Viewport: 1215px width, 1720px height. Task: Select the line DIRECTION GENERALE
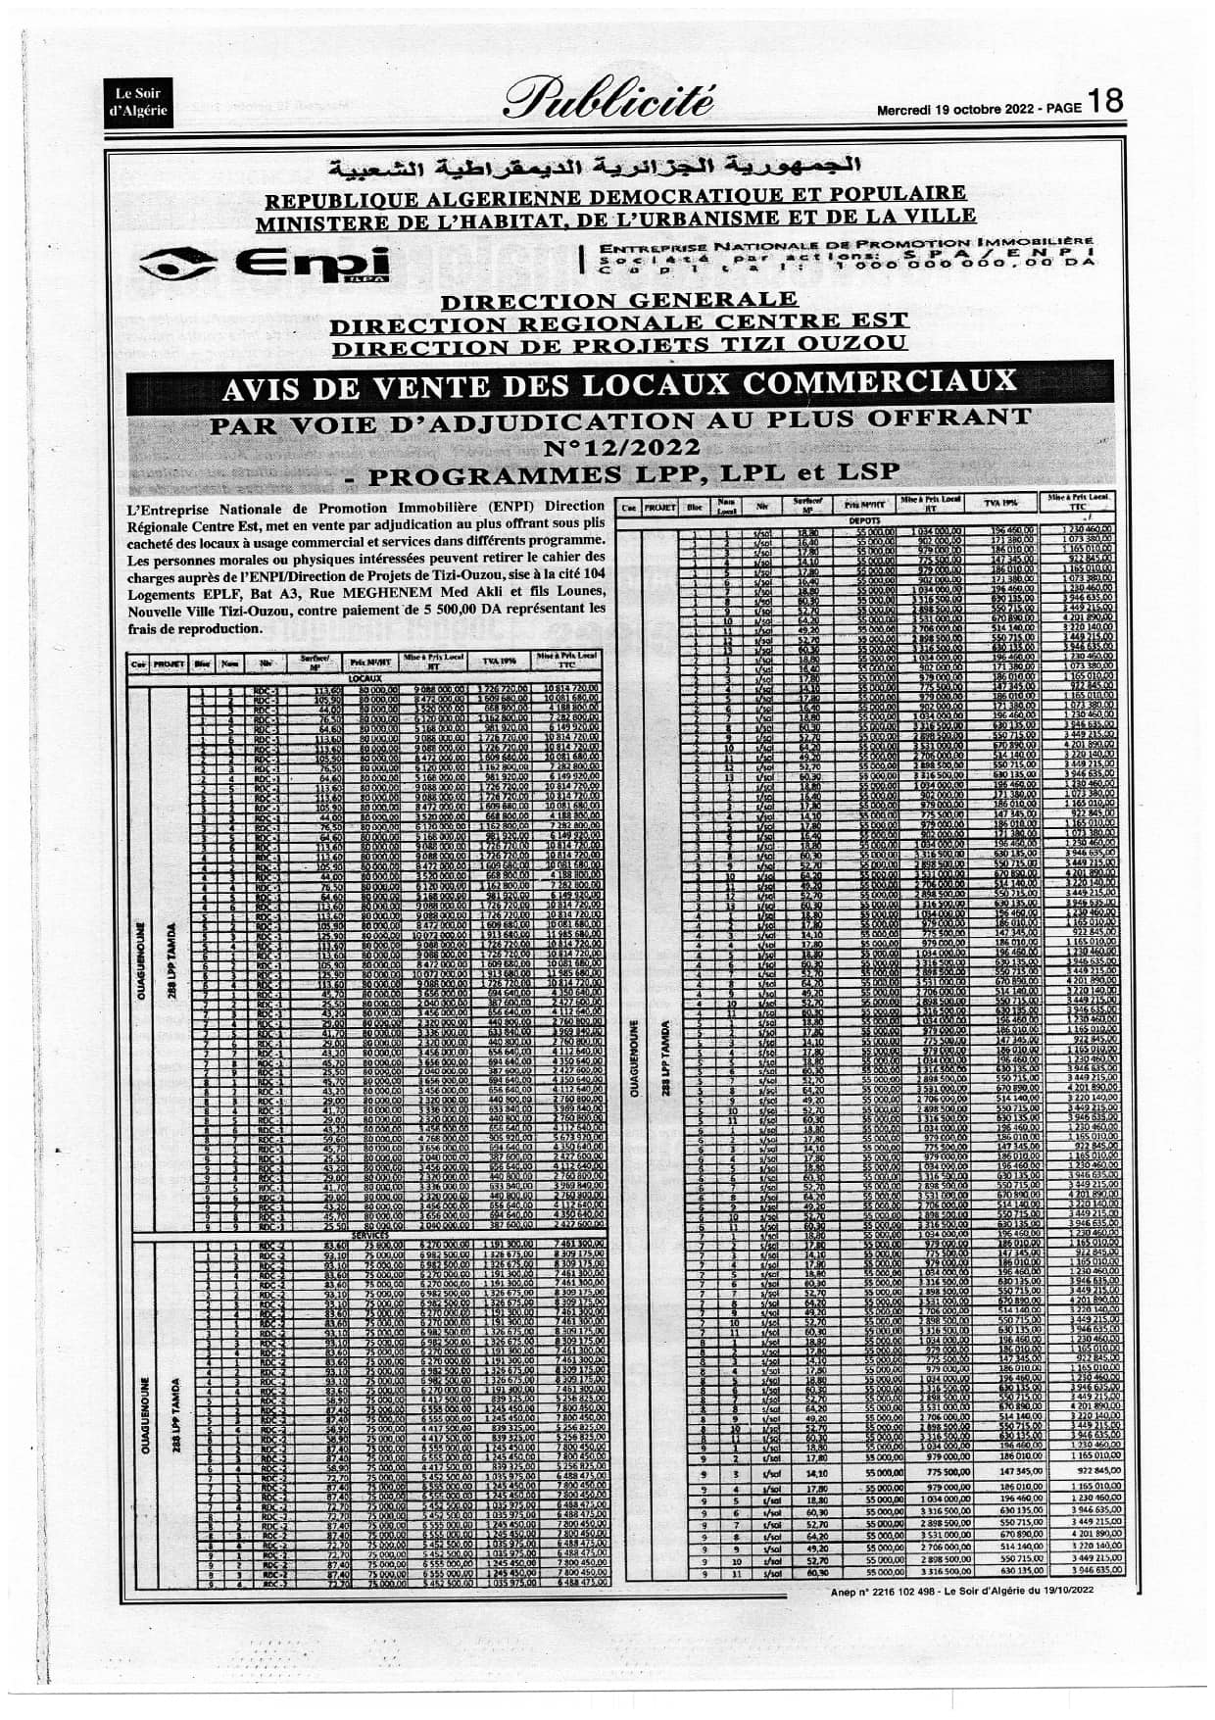click(619, 300)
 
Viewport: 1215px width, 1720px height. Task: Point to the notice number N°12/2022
click(622, 448)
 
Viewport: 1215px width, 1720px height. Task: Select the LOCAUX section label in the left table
click(364, 677)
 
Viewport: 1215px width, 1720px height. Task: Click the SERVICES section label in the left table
click(364, 1235)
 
